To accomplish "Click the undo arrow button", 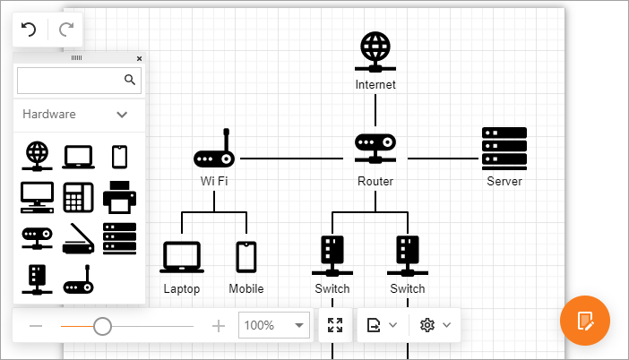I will pyautogui.click(x=29, y=30).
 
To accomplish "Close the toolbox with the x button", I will pyautogui.click(x=139, y=58).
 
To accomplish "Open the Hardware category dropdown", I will pyautogui.click(x=123, y=115).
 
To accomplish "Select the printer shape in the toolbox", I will pyautogui.click(x=119, y=194).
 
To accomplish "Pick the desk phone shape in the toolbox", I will pyautogui.click(x=79, y=195).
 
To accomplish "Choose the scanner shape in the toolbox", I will pyautogui.click(x=79, y=238).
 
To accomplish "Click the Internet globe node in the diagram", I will pyautogui.click(x=375, y=52).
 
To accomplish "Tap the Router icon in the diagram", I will pyautogui.click(x=375, y=149).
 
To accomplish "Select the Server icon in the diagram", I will pyautogui.click(x=504, y=149).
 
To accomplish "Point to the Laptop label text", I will pyautogui.click(x=182, y=289).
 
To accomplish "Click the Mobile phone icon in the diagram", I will pyautogui.click(x=246, y=257).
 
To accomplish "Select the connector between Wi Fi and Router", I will pyautogui.click(x=291, y=158).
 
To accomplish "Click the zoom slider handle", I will pyautogui.click(x=102, y=326).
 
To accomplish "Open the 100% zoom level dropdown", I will pyautogui.click(x=299, y=326).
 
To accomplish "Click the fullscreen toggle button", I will pyautogui.click(x=336, y=326).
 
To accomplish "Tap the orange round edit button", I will pyautogui.click(x=584, y=320).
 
